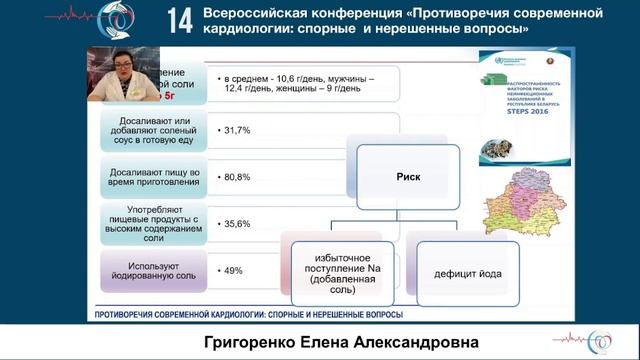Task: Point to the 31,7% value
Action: pyautogui.click(x=237, y=131)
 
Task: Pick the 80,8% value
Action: pyautogui.click(x=237, y=177)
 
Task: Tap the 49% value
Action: pyautogui.click(x=234, y=270)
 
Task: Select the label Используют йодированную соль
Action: pyautogui.click(x=153, y=270)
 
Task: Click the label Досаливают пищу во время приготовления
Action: pyautogui.click(x=153, y=177)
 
